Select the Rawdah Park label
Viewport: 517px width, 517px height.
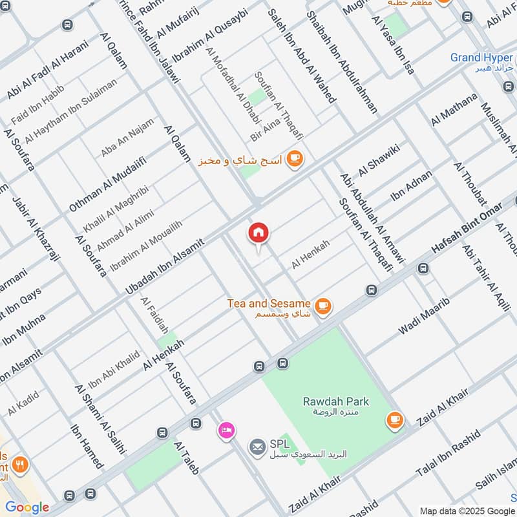[336, 402]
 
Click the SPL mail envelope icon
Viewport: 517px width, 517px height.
[258, 446]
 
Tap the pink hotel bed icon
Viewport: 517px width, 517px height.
[226, 430]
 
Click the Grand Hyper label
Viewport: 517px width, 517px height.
[481, 58]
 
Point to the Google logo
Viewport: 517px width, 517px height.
[27, 507]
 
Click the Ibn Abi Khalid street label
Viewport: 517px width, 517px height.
[114, 369]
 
